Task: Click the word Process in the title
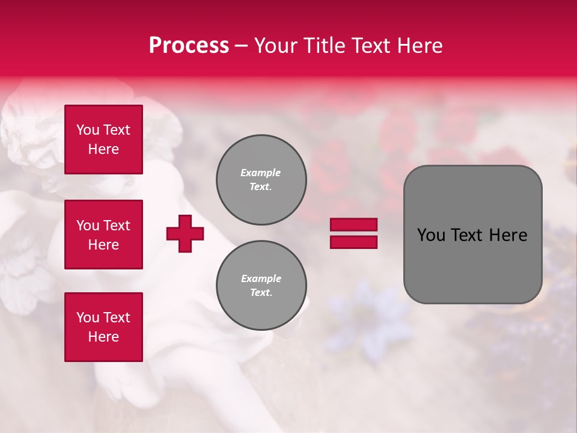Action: pos(189,46)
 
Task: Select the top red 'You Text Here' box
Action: pos(103,140)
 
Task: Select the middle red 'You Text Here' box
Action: pos(103,235)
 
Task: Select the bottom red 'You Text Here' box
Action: pos(103,327)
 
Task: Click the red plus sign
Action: pos(185,233)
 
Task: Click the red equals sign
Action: pos(353,233)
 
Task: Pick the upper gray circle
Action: pos(261,180)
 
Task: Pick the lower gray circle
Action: pos(261,286)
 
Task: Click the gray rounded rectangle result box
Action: pos(472,235)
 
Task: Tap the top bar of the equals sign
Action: pos(353,225)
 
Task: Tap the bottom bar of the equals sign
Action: pos(353,242)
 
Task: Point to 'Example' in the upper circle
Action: pos(261,173)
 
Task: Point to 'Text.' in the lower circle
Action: pos(261,293)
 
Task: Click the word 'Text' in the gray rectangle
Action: pos(467,235)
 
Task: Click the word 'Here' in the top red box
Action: pos(103,149)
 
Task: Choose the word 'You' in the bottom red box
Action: pos(87,318)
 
